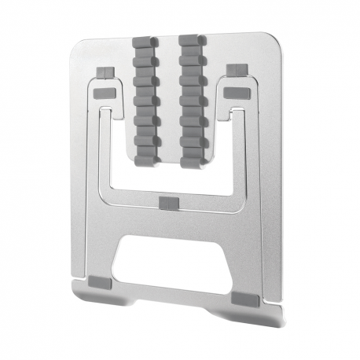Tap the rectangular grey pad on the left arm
(103, 94)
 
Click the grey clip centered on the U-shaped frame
(168, 204)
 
